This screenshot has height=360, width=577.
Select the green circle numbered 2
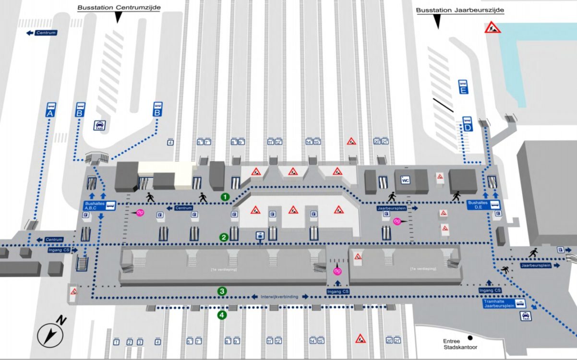click(223, 237)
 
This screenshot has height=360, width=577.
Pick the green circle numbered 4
click(222, 315)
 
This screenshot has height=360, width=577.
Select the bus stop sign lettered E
click(463, 87)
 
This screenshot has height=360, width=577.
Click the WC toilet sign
click(405, 180)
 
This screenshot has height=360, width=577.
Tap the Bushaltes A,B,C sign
click(99, 205)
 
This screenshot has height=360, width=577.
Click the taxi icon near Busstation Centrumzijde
click(100, 125)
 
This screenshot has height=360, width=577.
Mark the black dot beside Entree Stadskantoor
click(470, 337)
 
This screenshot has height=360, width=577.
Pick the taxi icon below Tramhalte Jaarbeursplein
click(526, 315)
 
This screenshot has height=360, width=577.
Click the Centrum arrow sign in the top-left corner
click(42, 33)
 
